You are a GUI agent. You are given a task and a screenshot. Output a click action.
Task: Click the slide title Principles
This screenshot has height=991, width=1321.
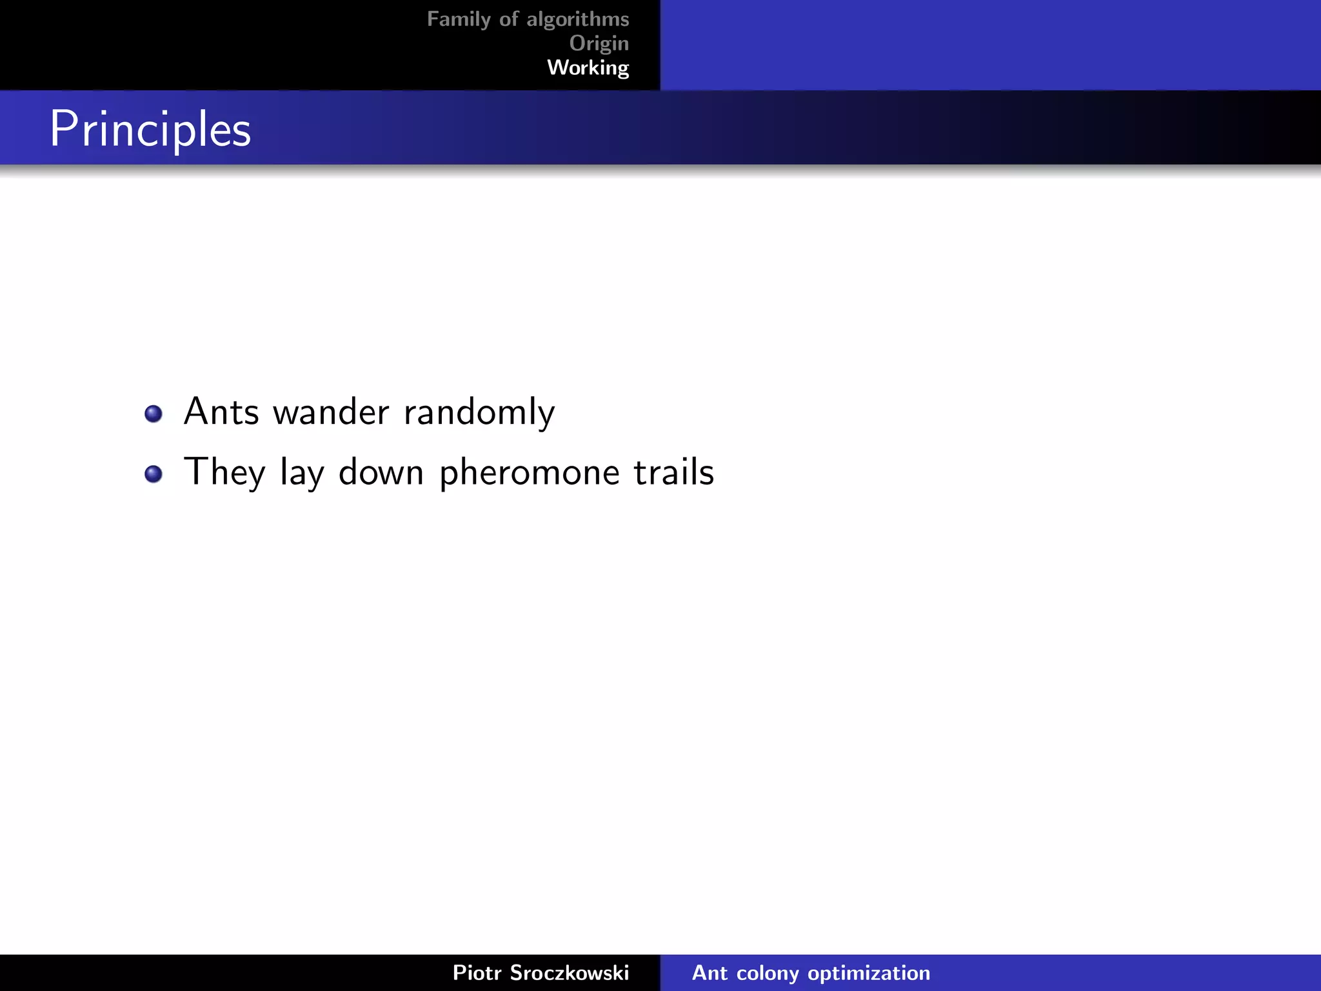pyautogui.click(x=150, y=129)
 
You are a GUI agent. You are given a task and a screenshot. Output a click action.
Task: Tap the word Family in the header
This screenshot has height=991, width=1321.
pyautogui.click(x=459, y=19)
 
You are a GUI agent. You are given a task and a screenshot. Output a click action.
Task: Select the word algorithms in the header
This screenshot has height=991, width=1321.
pyautogui.click(x=577, y=19)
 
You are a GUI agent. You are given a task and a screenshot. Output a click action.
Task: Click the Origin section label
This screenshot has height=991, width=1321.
pyautogui.click(x=599, y=43)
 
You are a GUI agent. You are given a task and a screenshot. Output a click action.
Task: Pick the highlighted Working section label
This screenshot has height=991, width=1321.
pyautogui.click(x=588, y=68)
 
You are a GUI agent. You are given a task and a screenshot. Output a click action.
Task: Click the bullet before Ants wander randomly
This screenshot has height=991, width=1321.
pyautogui.click(x=154, y=414)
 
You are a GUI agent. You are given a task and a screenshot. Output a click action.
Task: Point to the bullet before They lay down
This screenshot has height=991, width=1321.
pyautogui.click(x=154, y=474)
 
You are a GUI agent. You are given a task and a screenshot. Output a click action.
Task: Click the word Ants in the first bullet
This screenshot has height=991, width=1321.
pyautogui.click(x=221, y=412)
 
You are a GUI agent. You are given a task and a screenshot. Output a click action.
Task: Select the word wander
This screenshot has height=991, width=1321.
pyautogui.click(x=331, y=412)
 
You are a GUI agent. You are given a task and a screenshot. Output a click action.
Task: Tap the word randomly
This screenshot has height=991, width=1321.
pyautogui.click(x=479, y=413)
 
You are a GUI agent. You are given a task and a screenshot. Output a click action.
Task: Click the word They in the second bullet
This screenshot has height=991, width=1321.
pyautogui.click(x=224, y=472)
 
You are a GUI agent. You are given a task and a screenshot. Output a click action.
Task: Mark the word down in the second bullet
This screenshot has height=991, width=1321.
pyautogui.click(x=381, y=472)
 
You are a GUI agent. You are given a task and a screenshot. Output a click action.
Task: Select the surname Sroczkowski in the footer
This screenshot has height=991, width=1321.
pyautogui.click(x=569, y=972)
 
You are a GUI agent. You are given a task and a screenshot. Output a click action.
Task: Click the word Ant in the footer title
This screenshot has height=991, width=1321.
pyautogui.click(x=710, y=972)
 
